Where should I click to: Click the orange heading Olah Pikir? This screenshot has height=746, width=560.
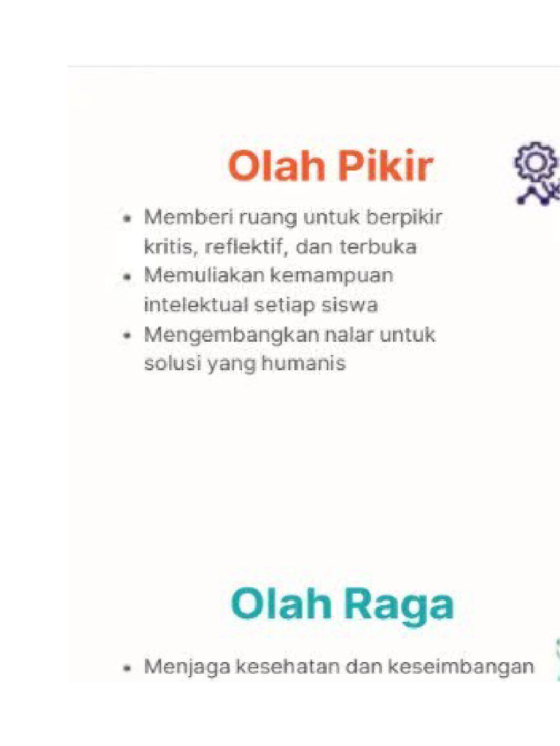(330, 168)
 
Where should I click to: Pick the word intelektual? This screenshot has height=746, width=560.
(193, 305)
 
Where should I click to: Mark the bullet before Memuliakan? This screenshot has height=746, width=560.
(128, 278)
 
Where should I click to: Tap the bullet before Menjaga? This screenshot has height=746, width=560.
(128, 667)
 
